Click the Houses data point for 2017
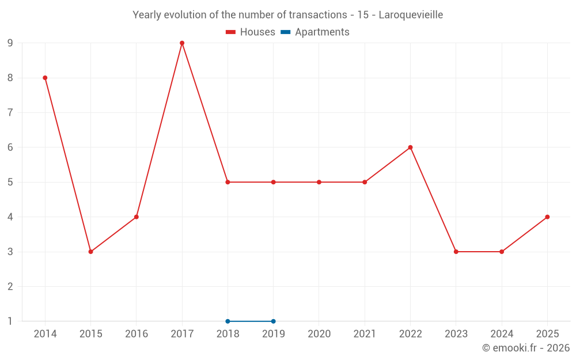tap(182, 43)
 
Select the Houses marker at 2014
tap(45, 78)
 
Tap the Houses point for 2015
tap(90, 252)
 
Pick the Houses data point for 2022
tap(410, 147)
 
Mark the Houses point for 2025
tap(547, 217)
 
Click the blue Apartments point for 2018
tap(228, 321)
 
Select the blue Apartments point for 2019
tap(273, 321)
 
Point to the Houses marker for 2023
tap(456, 252)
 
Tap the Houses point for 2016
tap(137, 217)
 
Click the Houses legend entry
tap(251, 32)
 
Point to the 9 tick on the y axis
tap(10, 43)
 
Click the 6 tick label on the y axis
tap(10, 147)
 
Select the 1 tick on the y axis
tap(10, 321)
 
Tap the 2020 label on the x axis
tap(319, 334)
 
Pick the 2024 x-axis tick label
tap(502, 334)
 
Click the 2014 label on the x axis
tap(45, 334)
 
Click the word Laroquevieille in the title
tap(411, 15)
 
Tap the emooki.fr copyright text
tap(526, 348)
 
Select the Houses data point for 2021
tap(365, 182)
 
